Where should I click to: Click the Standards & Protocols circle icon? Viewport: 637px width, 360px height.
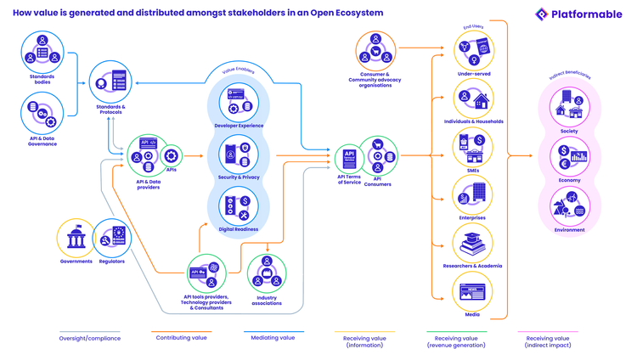tap(110, 82)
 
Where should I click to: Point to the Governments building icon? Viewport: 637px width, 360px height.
tap(76, 239)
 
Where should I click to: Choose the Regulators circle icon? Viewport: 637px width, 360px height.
tap(112, 239)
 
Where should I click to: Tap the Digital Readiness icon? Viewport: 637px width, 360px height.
tap(238, 207)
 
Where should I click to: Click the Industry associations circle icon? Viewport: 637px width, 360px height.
tap(267, 273)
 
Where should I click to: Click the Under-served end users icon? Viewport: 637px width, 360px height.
tap(473, 51)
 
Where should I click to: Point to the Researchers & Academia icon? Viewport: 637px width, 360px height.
tap(473, 244)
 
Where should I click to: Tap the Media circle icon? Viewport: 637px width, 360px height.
tap(473, 292)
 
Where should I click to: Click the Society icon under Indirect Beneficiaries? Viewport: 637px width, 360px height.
tap(569, 108)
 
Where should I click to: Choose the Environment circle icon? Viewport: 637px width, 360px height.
tap(569, 206)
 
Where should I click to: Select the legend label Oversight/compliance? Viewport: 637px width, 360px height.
tap(89, 338)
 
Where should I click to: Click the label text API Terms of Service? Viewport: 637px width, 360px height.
tap(349, 180)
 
